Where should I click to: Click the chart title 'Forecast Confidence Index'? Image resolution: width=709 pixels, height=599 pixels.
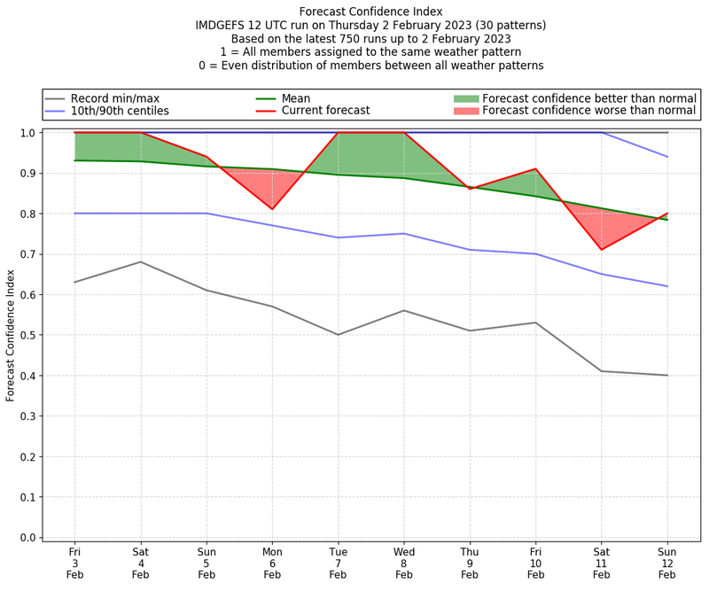(370, 12)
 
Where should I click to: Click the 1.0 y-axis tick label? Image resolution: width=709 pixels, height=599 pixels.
(27, 133)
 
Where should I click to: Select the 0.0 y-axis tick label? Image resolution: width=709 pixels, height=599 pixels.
(27, 538)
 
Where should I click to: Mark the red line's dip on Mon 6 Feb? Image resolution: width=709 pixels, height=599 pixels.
(272, 209)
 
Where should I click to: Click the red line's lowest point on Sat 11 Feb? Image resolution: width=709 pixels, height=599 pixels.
(602, 250)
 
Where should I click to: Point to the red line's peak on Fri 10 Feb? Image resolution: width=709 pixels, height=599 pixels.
(535, 168)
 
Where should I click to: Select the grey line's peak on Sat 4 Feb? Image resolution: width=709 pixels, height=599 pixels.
(140, 261)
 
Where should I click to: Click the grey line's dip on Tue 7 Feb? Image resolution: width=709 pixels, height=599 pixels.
(338, 335)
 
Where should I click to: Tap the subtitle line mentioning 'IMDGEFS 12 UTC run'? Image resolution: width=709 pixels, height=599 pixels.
(370, 26)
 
